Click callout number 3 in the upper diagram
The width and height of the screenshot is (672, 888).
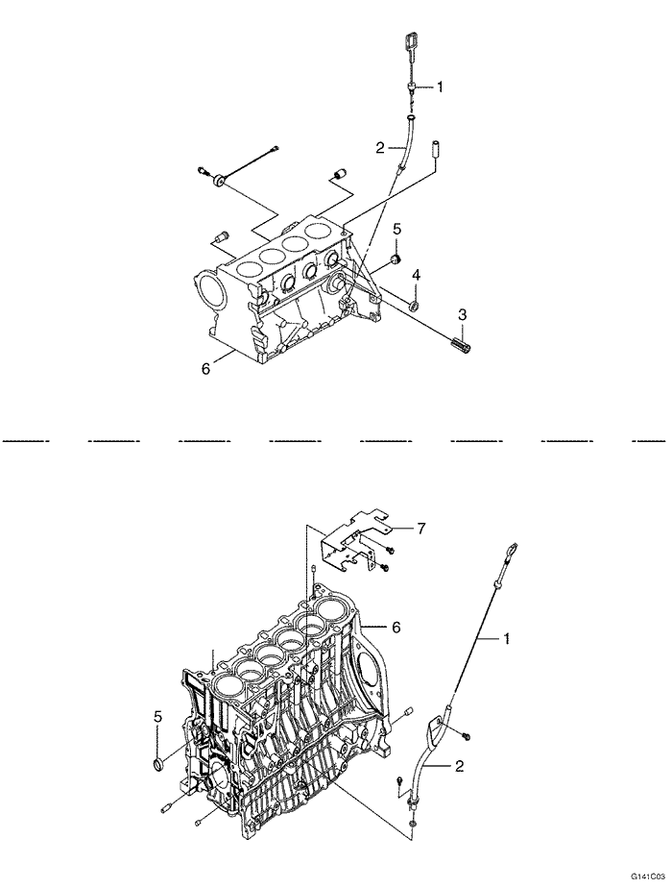(462, 313)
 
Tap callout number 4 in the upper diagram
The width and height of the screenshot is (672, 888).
(416, 276)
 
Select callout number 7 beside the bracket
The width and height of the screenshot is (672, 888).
(420, 529)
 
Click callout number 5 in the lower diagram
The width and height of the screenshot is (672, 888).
(156, 716)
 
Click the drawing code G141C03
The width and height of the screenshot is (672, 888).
(647, 878)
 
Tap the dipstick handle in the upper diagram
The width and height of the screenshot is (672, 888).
(412, 44)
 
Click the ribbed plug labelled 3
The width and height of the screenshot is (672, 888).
(458, 338)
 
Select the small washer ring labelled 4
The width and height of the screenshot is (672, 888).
(415, 306)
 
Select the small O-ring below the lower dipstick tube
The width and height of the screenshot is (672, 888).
(412, 824)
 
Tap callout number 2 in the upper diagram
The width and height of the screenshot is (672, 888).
(380, 147)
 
